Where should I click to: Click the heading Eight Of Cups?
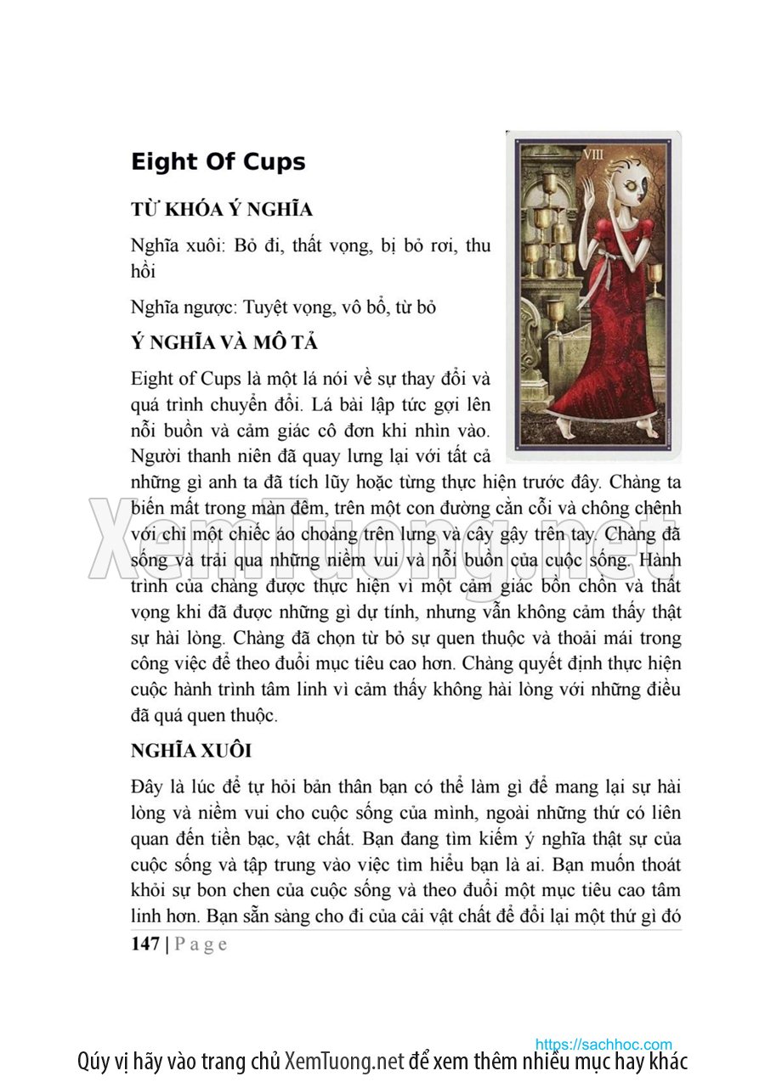(218, 162)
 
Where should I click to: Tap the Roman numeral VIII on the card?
(592, 155)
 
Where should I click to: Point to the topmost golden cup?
(551, 183)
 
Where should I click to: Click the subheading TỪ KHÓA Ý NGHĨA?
(222, 210)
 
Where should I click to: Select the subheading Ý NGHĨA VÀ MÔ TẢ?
(224, 343)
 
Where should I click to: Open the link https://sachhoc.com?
(603, 1044)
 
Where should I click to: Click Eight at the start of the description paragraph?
(153, 378)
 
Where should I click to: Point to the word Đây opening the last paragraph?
(147, 787)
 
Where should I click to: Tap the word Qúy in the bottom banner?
(94, 1062)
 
